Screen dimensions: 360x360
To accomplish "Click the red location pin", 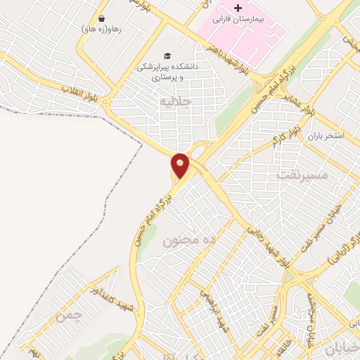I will coord(181,166).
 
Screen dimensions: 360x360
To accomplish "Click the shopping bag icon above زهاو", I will coord(103,19).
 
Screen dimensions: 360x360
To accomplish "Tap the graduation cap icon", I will coord(167,56).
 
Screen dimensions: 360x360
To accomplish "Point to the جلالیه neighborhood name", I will coord(176,102).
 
